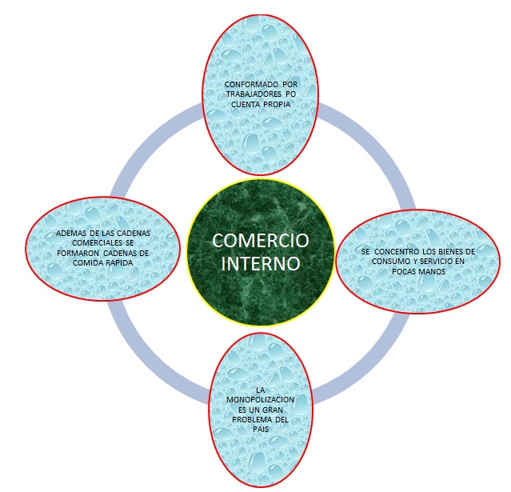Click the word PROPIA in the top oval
pos(272,103)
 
